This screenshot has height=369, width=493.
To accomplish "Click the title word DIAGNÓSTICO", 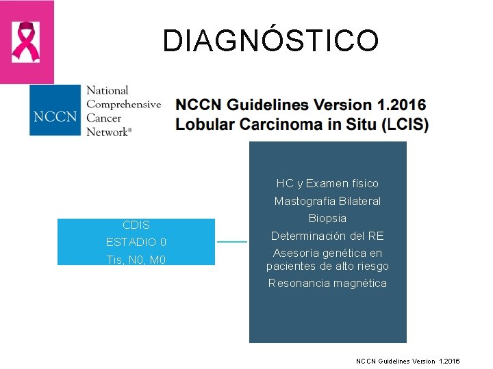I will pyautogui.click(x=270, y=41).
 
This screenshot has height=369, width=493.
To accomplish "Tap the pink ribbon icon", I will pyautogui.click(x=26, y=42).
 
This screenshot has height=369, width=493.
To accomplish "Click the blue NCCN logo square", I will pyautogui.click(x=54, y=111).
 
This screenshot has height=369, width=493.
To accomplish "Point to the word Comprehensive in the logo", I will pyautogui.click(x=124, y=105).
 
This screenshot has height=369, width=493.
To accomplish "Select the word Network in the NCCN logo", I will pyautogui.click(x=108, y=131).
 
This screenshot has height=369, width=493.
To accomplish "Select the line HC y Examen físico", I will pyautogui.click(x=327, y=183).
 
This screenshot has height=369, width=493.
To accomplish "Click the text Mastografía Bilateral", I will pyautogui.click(x=327, y=201).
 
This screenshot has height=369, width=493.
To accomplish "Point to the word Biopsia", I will pyautogui.click(x=327, y=218).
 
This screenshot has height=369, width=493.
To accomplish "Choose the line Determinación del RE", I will pyautogui.click(x=327, y=236).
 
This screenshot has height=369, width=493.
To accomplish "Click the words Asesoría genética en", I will pyautogui.click(x=327, y=254).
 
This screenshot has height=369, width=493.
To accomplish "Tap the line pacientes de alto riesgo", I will pyautogui.click(x=327, y=266).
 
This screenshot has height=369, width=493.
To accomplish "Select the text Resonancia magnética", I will pyautogui.click(x=327, y=283).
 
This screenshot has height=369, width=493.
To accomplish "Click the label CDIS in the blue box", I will pyautogui.click(x=136, y=225).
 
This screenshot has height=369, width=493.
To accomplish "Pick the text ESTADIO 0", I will pyautogui.click(x=136, y=242).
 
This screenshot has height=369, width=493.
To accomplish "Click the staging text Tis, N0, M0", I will pyautogui.click(x=136, y=260).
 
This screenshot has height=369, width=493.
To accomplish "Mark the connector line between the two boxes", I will pyautogui.click(x=232, y=242).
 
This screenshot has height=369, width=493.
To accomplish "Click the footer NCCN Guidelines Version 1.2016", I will pyautogui.click(x=408, y=360).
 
